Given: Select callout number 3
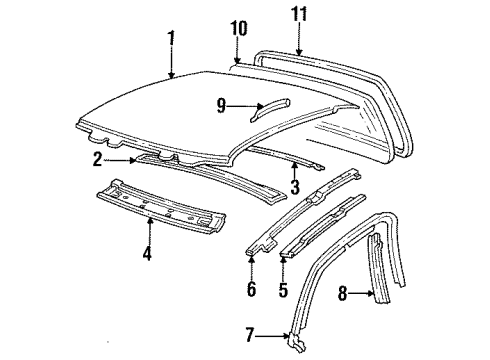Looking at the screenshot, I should [295, 186].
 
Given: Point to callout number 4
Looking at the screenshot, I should [147, 253].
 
